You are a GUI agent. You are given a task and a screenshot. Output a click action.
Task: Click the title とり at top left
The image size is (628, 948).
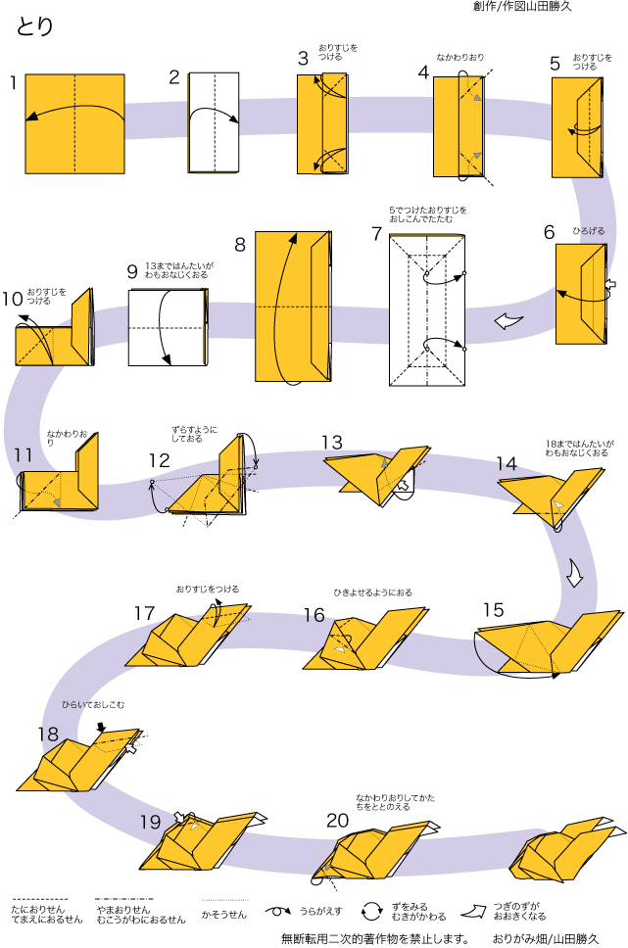(x=35, y=26)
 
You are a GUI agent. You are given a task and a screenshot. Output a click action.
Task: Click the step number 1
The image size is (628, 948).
(x=14, y=83)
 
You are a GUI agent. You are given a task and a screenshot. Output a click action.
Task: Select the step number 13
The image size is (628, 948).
(x=332, y=443)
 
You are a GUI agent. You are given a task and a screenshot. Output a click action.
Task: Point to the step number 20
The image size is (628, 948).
(x=337, y=820)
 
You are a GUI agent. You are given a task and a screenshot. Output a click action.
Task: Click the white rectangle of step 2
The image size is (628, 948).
(x=215, y=122)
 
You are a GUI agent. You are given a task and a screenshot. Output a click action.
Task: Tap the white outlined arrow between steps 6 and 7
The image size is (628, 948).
(x=507, y=321)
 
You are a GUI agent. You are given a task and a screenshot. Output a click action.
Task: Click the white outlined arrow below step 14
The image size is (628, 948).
(x=575, y=572)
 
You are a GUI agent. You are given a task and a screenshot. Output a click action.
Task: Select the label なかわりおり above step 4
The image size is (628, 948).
(x=460, y=58)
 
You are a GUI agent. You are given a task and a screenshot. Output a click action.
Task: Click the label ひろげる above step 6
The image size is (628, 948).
(x=589, y=231)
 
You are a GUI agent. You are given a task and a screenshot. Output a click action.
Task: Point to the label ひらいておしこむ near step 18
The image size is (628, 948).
(x=93, y=704)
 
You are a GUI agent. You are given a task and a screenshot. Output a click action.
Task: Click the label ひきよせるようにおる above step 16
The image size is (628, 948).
(x=372, y=592)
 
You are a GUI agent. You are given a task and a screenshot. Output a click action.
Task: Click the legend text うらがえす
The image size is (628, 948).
(x=320, y=910)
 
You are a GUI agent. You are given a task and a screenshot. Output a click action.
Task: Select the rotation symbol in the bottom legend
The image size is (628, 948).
(x=373, y=911)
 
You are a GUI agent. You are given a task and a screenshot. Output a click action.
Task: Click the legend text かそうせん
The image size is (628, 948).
(x=223, y=915)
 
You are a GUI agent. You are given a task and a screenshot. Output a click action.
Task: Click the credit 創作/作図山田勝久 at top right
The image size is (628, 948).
(x=522, y=7)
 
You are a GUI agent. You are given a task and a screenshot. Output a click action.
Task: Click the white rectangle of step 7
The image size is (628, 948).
(x=426, y=311)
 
